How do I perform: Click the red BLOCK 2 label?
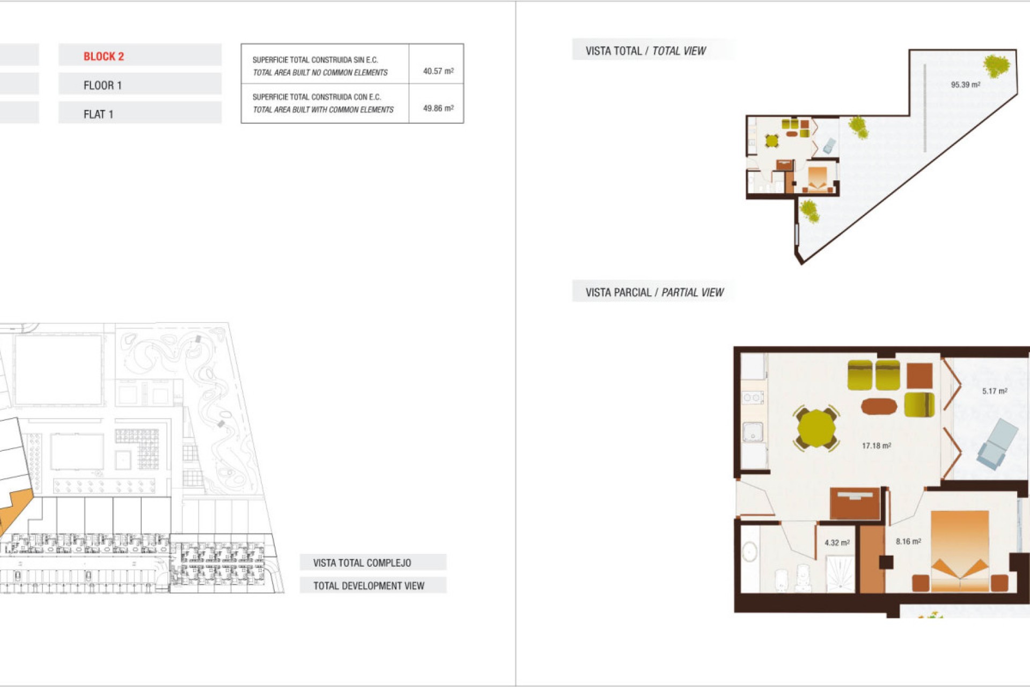[104, 56]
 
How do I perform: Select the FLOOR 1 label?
[102, 85]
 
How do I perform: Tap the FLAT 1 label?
[98, 114]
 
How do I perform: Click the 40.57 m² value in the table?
[438, 71]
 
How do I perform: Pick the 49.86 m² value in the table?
[438, 108]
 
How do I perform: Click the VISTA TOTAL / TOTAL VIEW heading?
[645, 51]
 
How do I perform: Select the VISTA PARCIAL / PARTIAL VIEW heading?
[654, 293]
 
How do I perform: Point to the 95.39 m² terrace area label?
[965, 85]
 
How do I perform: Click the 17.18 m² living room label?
[876, 445]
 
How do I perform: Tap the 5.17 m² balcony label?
[994, 391]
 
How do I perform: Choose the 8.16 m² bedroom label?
[908, 542]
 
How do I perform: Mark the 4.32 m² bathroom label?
[836, 543]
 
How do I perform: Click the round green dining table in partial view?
[816, 428]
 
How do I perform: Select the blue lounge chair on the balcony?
[997, 444]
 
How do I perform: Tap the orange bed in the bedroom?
[960, 550]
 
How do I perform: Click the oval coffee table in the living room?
[879, 406]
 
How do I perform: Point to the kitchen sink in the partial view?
[753, 432]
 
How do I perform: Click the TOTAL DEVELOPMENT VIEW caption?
[369, 586]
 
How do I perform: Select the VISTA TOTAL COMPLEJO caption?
[362, 562]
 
